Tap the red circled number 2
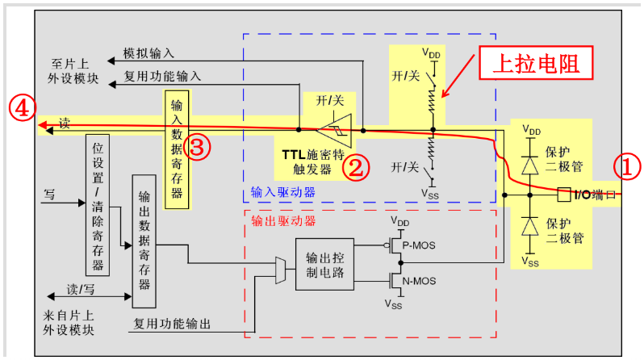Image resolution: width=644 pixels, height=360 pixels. point(355,167)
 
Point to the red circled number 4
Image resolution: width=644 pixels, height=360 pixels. point(21,107)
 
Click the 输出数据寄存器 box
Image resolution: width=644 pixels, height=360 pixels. point(144,241)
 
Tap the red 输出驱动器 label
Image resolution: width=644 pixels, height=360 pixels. point(282,220)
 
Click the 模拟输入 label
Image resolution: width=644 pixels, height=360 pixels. point(148,53)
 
